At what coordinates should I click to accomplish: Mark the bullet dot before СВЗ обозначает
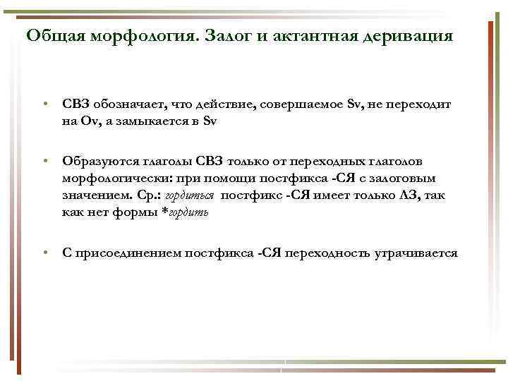[45, 104]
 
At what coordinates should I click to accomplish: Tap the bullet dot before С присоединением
[45, 253]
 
